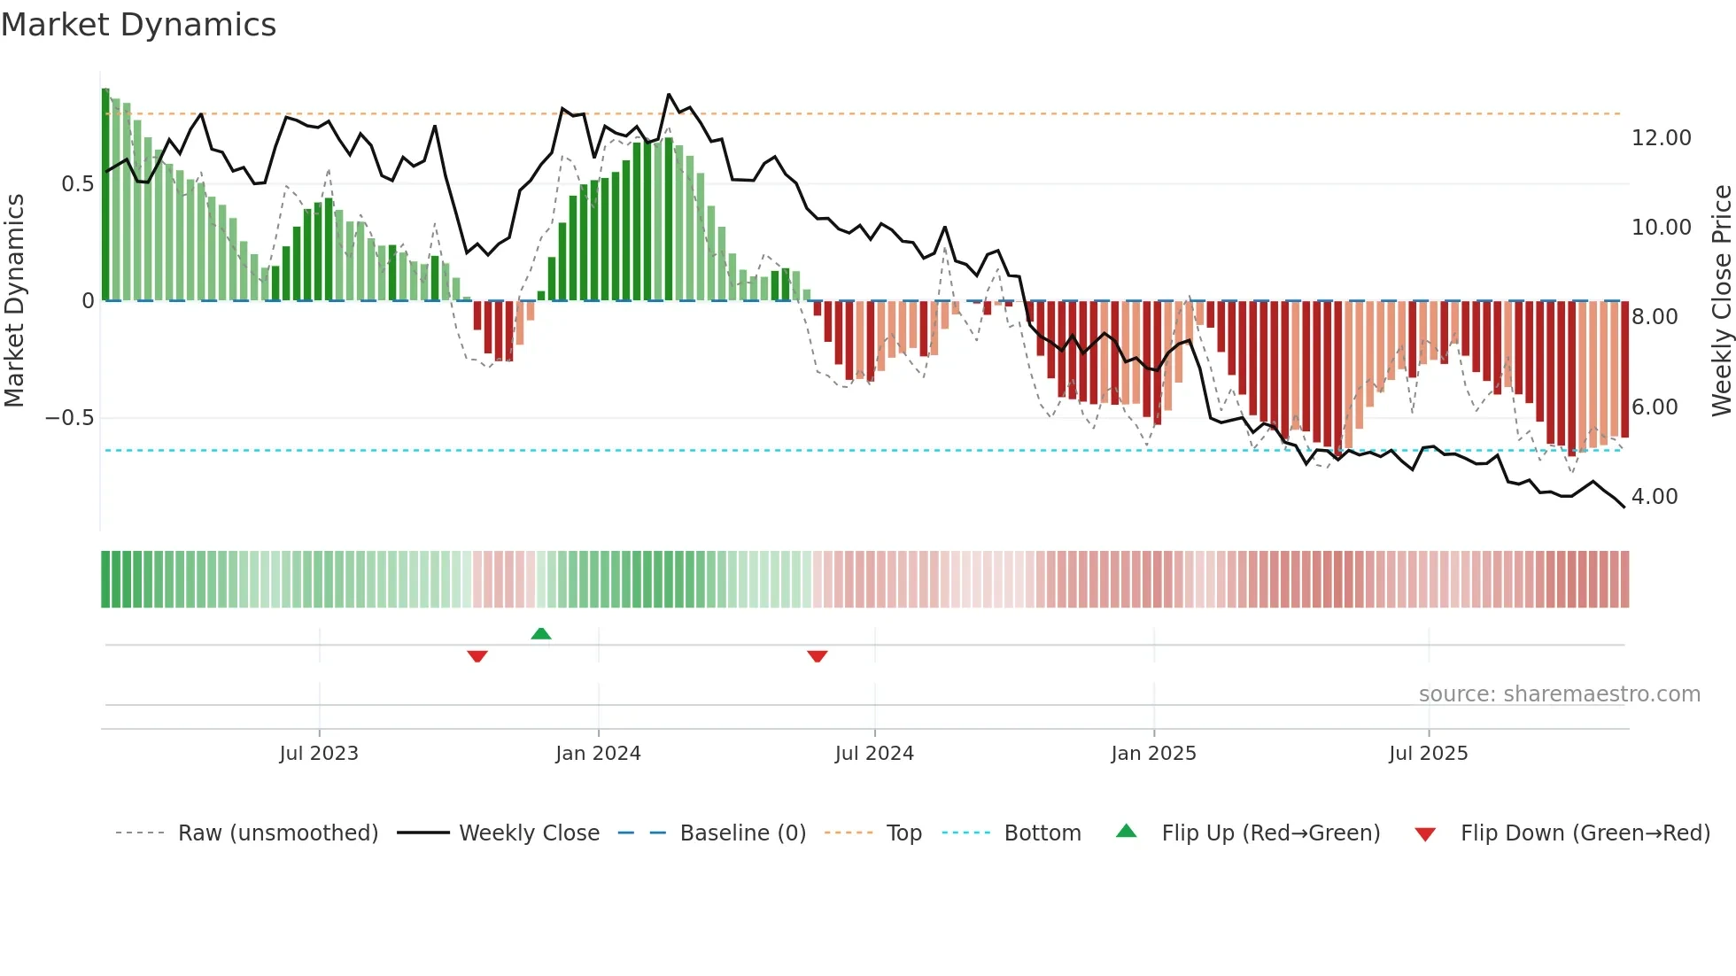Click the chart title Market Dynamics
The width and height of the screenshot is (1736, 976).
point(138,25)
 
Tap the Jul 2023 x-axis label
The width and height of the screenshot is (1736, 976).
point(319,754)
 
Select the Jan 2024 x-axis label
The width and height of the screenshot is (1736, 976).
point(598,754)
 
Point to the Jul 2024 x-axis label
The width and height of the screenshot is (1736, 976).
point(874,754)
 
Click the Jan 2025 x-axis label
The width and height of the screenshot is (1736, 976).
point(1153,754)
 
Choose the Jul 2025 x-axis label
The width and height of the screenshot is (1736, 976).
point(1428,754)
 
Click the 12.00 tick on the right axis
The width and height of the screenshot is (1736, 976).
point(1661,138)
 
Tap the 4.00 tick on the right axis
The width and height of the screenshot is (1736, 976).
point(1654,497)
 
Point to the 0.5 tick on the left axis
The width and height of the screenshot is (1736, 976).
point(77,184)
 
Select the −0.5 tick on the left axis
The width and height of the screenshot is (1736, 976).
point(69,418)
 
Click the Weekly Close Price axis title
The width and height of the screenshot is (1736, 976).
point(1721,301)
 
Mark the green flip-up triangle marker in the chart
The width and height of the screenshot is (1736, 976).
point(541,633)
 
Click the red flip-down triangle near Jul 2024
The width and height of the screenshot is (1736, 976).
point(817,656)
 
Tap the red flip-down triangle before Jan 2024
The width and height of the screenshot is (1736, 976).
point(477,656)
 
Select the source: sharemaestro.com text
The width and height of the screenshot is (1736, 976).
point(1559,694)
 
